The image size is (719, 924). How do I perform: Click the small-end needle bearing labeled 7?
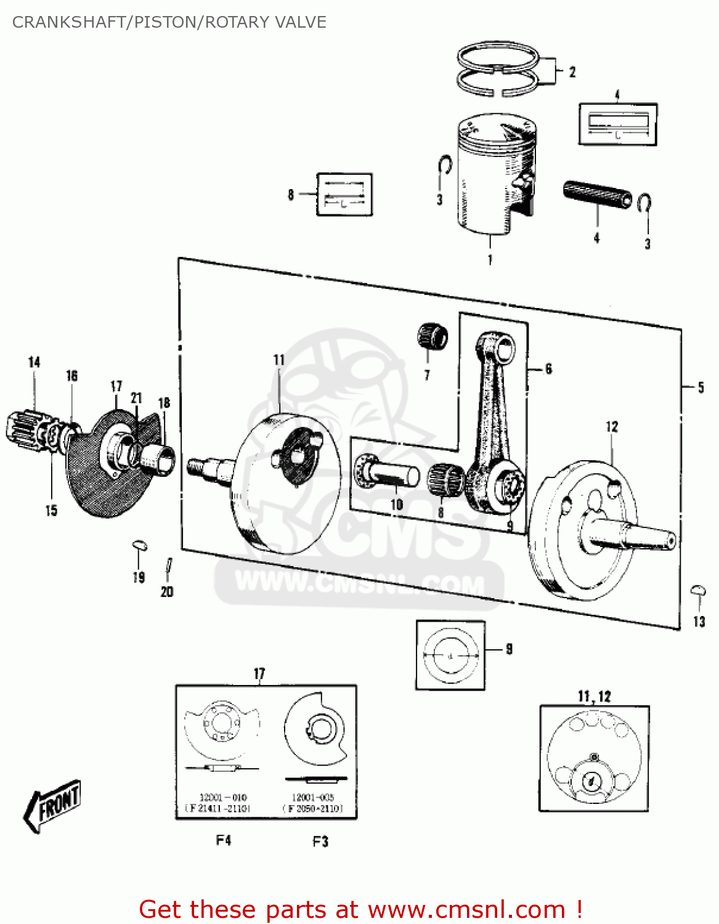[432, 337]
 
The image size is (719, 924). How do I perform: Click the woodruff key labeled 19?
[140, 545]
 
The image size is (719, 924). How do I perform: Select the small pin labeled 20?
[168, 567]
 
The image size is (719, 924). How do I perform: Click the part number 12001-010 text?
[222, 797]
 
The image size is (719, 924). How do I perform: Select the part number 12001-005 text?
[312, 797]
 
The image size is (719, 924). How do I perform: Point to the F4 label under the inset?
[223, 840]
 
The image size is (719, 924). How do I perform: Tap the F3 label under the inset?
[320, 841]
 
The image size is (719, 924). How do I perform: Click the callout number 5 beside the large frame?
[701, 387]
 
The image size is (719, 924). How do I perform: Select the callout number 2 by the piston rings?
[572, 72]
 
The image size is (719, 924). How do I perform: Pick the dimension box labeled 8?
[344, 195]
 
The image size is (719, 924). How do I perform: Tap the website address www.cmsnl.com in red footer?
[466, 909]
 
